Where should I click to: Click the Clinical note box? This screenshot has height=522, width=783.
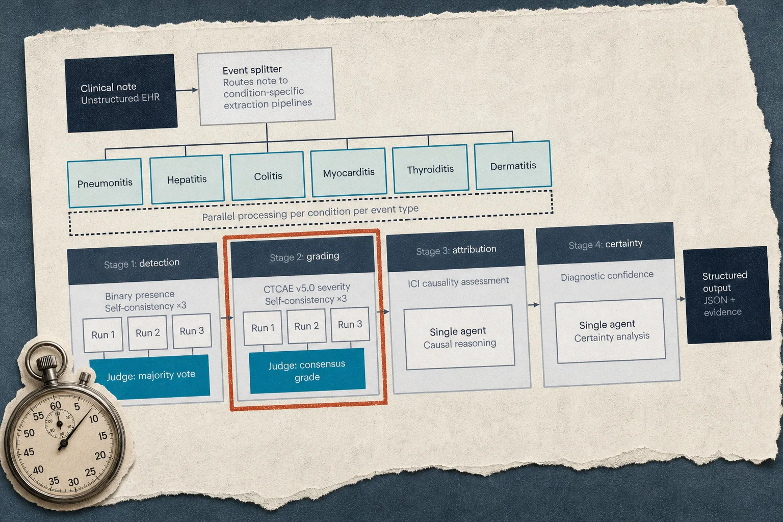point(121,93)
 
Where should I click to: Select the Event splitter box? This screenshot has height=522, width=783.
point(266,86)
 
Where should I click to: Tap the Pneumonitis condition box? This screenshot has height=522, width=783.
point(105,183)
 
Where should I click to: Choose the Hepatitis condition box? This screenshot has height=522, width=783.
point(187,179)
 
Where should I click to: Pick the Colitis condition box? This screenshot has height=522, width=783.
point(268,176)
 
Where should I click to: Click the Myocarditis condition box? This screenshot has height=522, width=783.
point(349,172)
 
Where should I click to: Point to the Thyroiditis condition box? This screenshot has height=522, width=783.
point(430,169)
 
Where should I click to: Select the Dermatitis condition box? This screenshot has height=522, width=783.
point(513,165)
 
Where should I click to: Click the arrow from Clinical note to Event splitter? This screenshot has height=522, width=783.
point(187,90)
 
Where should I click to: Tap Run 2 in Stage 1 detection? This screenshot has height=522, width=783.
point(148,333)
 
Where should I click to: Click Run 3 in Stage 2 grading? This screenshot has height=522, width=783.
point(350,324)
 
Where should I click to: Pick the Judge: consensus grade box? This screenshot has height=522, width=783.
point(307,371)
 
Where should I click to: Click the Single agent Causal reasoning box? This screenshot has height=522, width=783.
point(459,337)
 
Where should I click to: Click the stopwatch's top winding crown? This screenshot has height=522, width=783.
point(46,362)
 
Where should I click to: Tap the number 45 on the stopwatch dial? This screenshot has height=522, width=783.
point(29,452)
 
